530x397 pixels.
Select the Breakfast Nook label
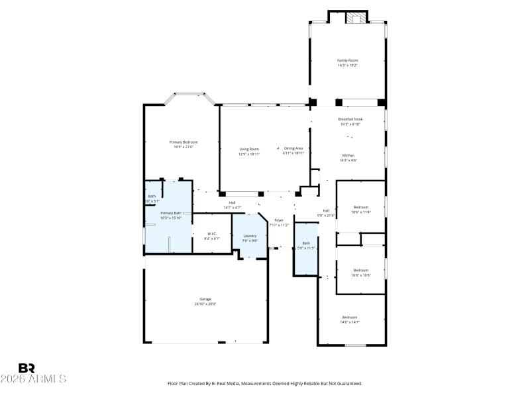pyautogui.click(x=350, y=119)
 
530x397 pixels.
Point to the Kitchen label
pyautogui.click(x=348, y=155)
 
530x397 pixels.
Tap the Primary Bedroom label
pyautogui.click(x=184, y=142)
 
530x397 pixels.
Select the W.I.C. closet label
pyautogui.click(x=212, y=233)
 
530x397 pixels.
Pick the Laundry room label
pyautogui.click(x=250, y=236)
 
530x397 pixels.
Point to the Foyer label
pyautogui.click(x=279, y=220)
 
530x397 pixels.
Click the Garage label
pyautogui.click(x=205, y=299)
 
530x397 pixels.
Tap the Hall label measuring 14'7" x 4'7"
pyautogui.click(x=232, y=203)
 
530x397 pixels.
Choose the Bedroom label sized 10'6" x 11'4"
pyautogui.click(x=360, y=208)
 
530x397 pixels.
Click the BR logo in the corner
pyautogui.click(x=26, y=368)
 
